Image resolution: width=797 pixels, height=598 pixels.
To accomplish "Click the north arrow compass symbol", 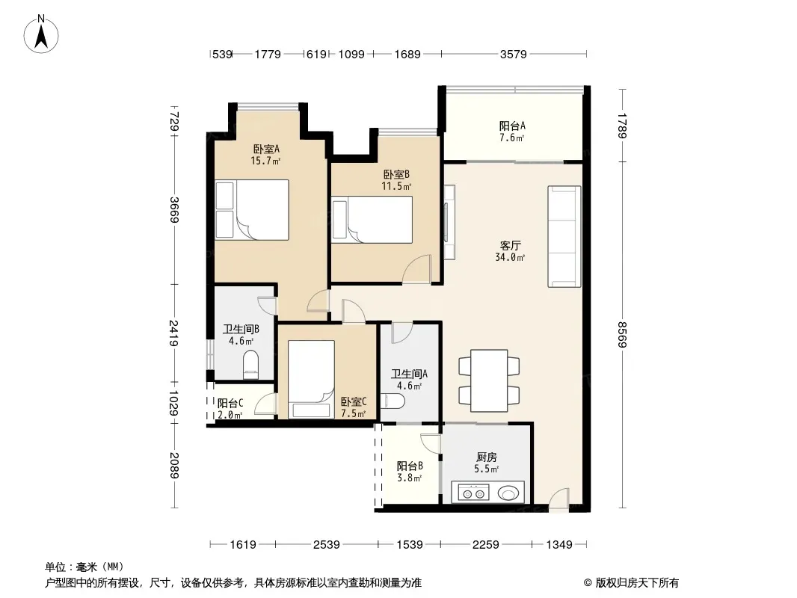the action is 41,34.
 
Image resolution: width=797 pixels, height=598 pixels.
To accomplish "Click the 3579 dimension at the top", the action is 514,54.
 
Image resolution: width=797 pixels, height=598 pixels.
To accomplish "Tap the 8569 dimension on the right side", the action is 622,334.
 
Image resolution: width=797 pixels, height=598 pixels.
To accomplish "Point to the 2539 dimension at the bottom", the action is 326,545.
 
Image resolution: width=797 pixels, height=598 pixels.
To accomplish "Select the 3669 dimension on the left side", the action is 174,210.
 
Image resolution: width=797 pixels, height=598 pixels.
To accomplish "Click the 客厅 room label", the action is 511,246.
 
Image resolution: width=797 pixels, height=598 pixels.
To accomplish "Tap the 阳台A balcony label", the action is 512,126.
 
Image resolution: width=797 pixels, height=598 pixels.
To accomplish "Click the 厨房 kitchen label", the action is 487,457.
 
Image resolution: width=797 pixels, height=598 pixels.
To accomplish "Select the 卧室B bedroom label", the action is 396,175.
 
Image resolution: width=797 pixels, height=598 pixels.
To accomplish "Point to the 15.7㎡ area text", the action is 265,161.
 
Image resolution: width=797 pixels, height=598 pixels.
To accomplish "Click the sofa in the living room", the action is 564,236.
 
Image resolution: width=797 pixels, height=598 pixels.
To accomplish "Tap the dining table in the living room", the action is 489,380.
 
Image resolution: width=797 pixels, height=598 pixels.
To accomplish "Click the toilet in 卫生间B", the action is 250,365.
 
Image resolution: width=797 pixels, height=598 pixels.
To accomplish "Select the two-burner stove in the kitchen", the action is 474,493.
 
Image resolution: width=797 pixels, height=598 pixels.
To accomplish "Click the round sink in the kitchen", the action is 508,493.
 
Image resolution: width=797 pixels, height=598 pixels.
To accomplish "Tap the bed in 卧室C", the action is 311,379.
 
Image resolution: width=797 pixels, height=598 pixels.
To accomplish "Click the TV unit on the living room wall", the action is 449,223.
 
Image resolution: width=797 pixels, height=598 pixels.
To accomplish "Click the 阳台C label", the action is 230,404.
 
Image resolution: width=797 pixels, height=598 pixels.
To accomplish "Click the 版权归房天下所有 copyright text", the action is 637,583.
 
